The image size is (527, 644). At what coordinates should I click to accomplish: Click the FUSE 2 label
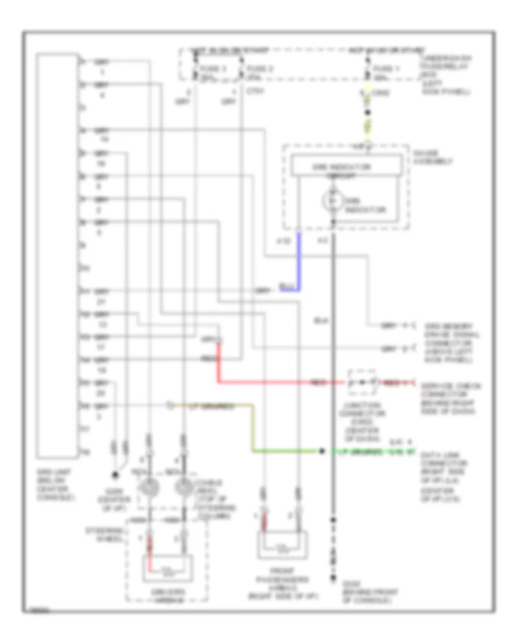click(259, 68)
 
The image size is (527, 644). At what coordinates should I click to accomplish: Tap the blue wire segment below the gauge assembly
click(300, 261)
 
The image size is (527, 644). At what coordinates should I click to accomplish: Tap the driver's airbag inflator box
click(168, 566)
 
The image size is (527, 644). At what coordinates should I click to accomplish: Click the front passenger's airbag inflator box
click(282, 544)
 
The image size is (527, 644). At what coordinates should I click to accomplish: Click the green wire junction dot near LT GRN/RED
click(321, 452)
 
